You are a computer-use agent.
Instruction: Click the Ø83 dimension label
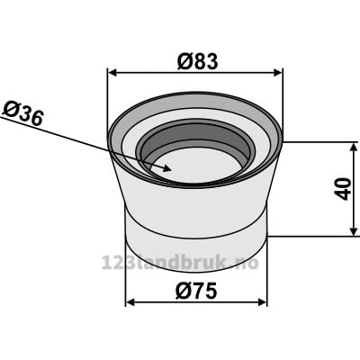point(197,61)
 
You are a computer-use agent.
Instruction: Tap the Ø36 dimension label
point(22,113)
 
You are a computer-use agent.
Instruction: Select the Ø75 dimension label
point(196,291)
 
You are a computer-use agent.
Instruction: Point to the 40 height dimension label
point(343,189)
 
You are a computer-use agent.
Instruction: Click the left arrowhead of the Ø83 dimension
point(112,73)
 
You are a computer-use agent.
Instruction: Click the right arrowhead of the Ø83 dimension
point(278,73)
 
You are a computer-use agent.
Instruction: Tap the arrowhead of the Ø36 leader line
point(166,168)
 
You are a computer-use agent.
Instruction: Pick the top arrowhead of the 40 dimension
point(354,148)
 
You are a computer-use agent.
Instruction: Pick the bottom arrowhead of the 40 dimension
point(354,231)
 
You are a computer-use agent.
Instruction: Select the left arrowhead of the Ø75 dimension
point(130,302)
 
